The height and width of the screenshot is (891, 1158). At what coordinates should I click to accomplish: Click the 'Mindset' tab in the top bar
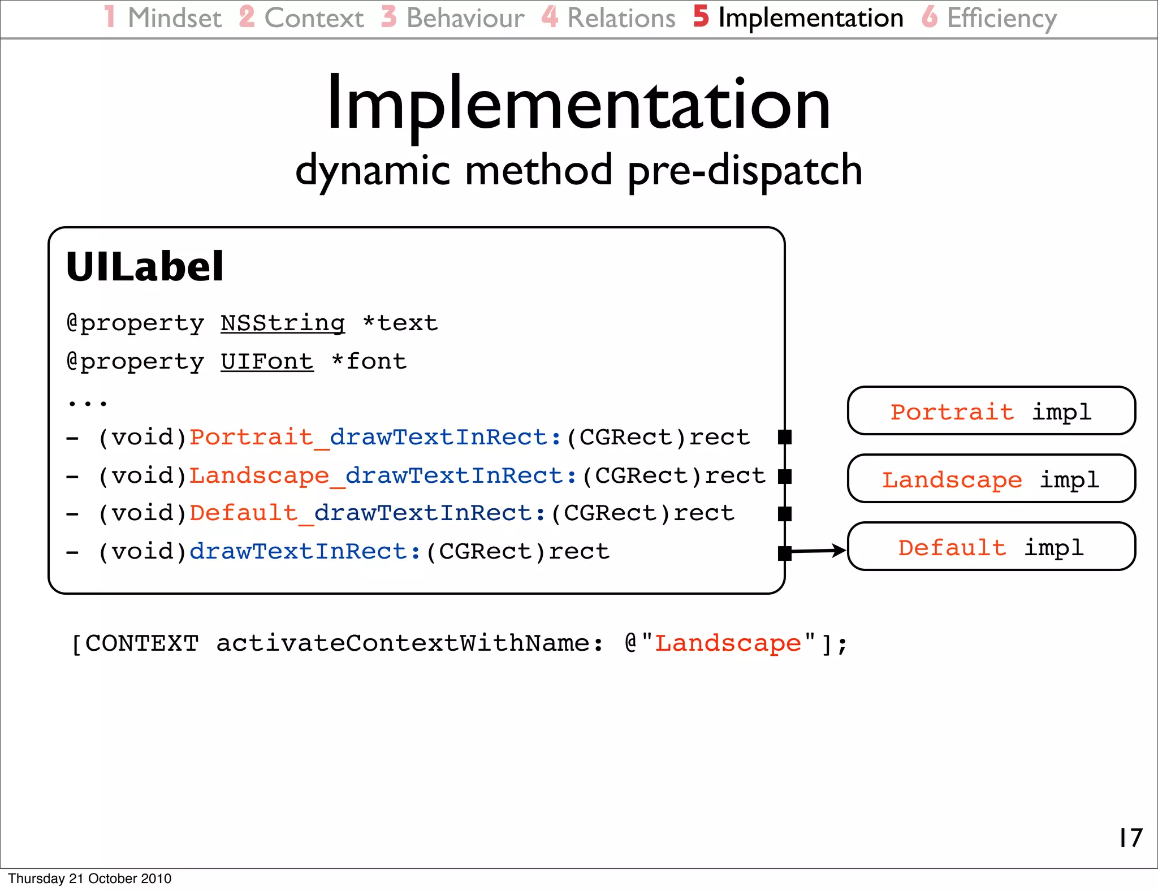(174, 18)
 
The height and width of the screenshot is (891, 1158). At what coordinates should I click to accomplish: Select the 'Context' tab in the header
(314, 18)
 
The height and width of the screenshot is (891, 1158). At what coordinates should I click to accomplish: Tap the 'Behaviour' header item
(465, 18)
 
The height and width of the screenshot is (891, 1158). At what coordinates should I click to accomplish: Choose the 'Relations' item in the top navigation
(621, 18)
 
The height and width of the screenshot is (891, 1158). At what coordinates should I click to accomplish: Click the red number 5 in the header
(701, 17)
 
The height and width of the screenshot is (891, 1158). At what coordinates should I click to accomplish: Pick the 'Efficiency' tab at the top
(1001, 18)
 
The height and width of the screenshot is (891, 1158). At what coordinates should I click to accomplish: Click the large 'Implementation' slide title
(578, 105)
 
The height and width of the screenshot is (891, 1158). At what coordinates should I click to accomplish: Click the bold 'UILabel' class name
(145, 267)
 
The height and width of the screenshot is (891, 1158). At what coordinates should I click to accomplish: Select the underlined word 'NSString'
(282, 323)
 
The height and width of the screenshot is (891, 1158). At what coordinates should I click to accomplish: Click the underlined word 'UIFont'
(267, 361)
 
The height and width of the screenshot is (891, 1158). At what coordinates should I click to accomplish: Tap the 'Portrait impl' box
(991, 411)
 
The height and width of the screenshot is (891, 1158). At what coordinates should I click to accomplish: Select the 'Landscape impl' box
(991, 479)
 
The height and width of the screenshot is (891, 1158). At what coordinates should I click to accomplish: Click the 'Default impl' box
(991, 547)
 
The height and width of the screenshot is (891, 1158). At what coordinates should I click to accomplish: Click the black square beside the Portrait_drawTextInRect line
(784, 437)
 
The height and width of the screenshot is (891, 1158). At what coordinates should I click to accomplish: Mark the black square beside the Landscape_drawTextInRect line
(784, 476)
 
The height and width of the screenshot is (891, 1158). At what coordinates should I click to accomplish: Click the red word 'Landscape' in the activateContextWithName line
(728, 643)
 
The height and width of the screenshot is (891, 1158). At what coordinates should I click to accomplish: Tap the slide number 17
(1130, 837)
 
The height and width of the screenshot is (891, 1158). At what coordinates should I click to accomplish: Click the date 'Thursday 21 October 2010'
(89, 879)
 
